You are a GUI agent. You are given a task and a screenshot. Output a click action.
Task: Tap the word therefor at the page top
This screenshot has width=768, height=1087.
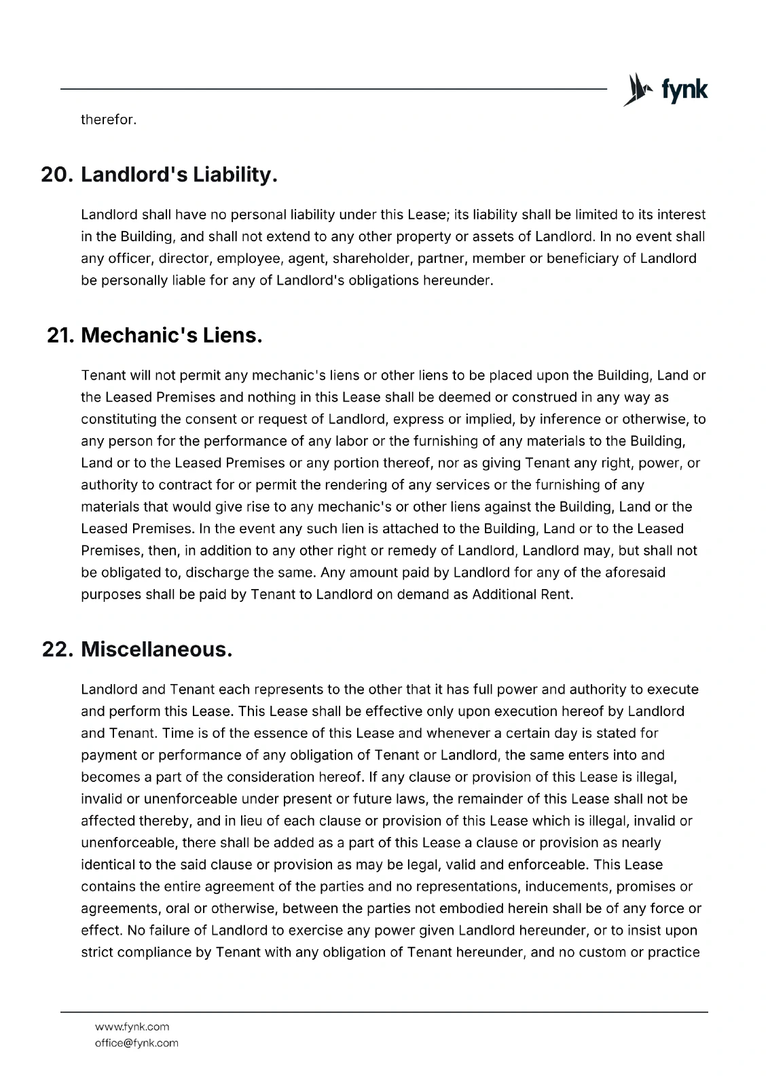[109, 120]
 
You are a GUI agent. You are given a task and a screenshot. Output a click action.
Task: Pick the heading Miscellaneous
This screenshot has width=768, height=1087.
[157, 649]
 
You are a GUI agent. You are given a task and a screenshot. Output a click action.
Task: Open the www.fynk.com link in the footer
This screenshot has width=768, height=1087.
[132, 1027]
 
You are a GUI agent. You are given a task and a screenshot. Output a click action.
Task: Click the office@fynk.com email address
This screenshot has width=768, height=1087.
[136, 1043]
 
